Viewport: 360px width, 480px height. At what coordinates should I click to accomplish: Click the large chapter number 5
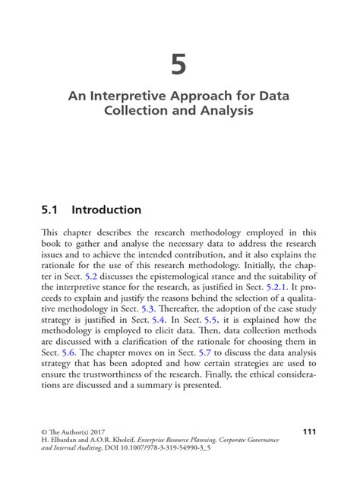coord(178,66)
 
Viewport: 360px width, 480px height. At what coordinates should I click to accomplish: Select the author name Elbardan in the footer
coord(65,441)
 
